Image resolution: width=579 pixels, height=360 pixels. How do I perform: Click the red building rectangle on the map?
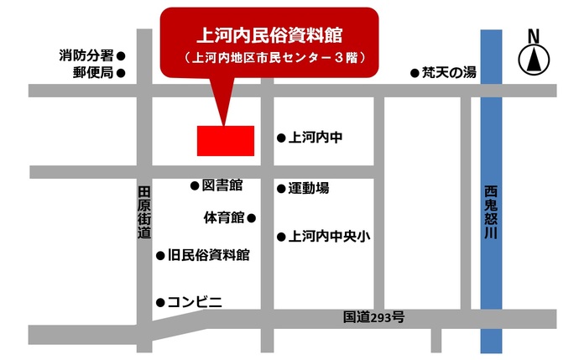pos(225,140)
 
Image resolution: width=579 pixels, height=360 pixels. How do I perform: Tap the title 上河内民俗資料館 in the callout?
pos(268,35)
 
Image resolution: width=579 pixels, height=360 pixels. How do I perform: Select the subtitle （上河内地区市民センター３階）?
pos(268,59)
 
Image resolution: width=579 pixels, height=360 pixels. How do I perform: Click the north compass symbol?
pos(531,60)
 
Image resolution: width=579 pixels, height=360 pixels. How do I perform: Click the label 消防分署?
pos(86,55)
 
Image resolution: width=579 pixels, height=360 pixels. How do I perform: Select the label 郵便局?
pos(93,72)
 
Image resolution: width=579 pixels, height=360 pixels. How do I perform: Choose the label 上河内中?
pos(315,137)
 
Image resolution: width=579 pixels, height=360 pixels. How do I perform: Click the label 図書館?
pos(222,184)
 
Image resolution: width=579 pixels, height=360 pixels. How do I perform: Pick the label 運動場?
pos(309,188)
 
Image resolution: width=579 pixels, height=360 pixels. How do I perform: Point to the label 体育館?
pos(223,217)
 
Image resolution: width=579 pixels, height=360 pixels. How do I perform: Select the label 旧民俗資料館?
pos(209,254)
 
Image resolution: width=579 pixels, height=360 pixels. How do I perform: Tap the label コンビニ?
pos(195,301)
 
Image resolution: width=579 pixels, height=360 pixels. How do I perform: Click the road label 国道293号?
pos(374,317)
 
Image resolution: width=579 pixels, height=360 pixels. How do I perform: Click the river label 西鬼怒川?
pos(491,211)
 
